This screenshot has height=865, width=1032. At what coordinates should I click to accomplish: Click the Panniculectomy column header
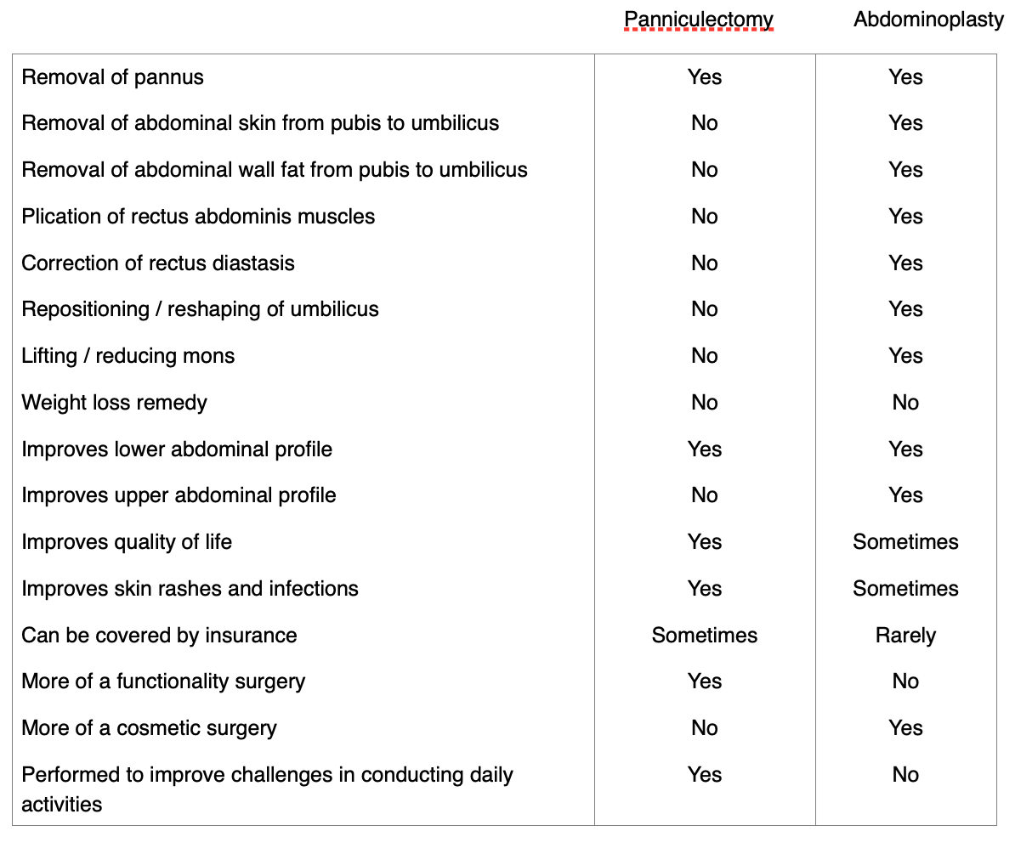(x=698, y=20)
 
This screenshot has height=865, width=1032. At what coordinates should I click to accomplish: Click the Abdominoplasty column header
(x=928, y=20)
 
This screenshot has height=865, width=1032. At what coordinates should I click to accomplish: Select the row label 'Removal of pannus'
(x=112, y=77)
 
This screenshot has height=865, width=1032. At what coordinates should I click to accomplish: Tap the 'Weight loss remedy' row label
(x=114, y=403)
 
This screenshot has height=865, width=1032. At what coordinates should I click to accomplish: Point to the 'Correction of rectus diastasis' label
(x=158, y=263)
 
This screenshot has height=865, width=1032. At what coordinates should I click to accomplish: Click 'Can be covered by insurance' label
(x=159, y=636)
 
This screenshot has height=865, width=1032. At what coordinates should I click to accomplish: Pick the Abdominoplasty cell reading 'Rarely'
(x=905, y=636)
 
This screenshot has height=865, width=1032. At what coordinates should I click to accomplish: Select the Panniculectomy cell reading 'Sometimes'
(x=704, y=636)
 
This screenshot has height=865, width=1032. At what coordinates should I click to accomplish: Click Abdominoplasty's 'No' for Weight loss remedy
(x=905, y=403)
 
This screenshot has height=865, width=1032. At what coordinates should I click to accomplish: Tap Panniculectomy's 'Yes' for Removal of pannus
(x=704, y=77)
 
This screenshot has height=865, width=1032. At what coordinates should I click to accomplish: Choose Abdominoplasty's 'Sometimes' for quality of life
(x=905, y=542)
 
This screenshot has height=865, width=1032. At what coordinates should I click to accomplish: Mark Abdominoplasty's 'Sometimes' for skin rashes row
(x=905, y=589)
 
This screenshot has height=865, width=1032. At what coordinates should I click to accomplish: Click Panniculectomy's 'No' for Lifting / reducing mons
(x=704, y=356)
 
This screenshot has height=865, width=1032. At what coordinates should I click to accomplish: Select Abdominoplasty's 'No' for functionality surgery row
(x=905, y=681)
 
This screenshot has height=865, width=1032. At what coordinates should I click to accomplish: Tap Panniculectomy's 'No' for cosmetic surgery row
(x=704, y=728)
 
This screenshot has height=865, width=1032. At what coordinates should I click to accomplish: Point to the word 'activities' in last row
(x=61, y=805)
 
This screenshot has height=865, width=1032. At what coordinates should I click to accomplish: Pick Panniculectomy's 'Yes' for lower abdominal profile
(x=704, y=449)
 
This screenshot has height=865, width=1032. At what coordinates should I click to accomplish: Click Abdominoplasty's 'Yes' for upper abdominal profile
(x=905, y=495)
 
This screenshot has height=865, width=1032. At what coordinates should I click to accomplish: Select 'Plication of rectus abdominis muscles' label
(x=198, y=217)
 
